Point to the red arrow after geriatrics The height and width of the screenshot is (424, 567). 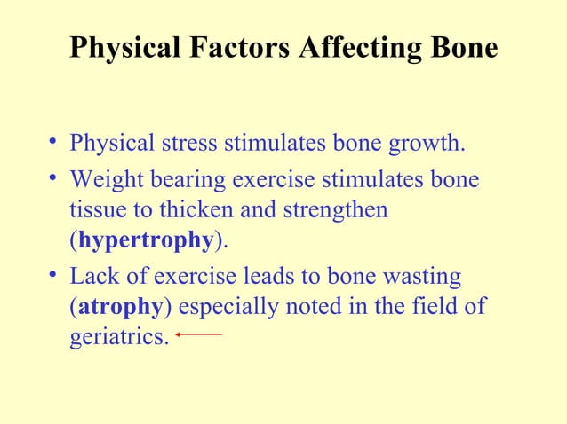pyautogui.click(x=198, y=334)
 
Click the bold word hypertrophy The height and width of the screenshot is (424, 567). pyautogui.click(x=146, y=240)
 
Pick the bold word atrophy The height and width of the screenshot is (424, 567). pyautogui.click(x=120, y=308)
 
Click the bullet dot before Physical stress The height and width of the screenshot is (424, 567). pyautogui.click(x=56, y=142)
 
